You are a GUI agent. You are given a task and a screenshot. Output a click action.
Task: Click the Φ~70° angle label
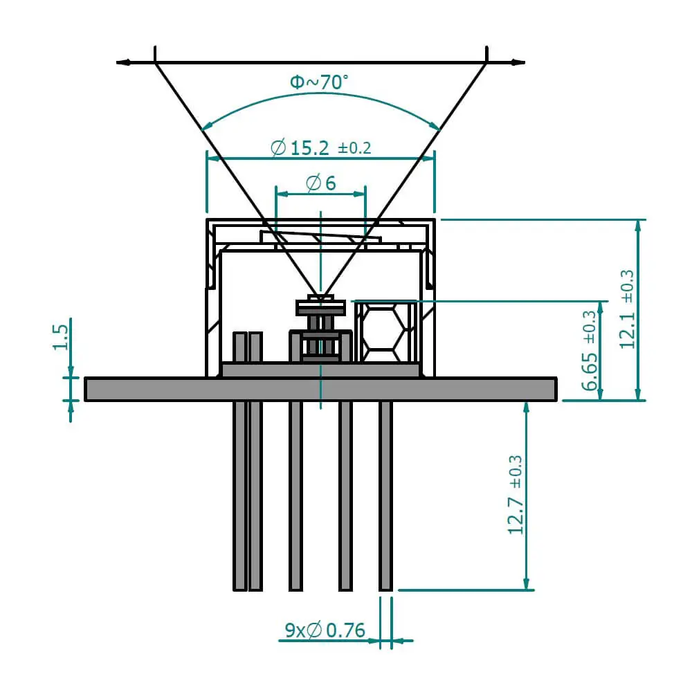tap(318, 82)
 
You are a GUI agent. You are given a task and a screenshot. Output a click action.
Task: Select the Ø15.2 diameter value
tap(300, 148)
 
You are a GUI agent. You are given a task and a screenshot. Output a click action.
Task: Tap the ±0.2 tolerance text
tap(354, 148)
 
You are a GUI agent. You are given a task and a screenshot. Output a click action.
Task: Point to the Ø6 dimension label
tap(321, 183)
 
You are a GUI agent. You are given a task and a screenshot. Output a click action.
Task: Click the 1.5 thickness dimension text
tap(61, 337)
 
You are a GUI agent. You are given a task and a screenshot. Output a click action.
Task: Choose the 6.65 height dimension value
tap(590, 371)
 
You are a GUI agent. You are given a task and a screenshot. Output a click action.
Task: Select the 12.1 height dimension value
tap(627, 330)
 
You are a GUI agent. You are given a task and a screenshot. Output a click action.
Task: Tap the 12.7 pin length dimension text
tap(516, 516)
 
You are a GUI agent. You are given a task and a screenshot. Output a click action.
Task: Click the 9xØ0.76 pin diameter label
tap(325, 630)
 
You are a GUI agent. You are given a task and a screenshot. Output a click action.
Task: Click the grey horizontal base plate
tap(320, 389)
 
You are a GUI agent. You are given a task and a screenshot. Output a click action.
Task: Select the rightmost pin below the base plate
tap(385, 495)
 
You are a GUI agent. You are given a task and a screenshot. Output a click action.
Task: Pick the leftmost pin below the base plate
tap(239, 495)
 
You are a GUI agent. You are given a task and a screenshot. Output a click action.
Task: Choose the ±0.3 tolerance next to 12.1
tap(627, 286)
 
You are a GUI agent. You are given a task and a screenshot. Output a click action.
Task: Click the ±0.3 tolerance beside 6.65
tap(590, 327)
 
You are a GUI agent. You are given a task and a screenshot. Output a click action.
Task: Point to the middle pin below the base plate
tap(295, 495)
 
